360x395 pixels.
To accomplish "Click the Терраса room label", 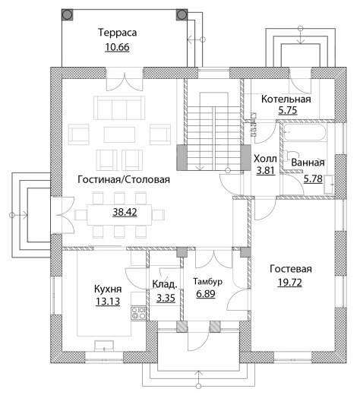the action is pos(118,33).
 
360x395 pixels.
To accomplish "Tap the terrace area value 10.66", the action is pos(117,47).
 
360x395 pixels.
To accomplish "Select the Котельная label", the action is pos(286,99).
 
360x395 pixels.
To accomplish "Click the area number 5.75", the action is pos(288,110).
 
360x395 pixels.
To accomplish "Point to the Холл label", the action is pos(265,159).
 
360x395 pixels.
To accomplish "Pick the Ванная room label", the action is pos(308,163).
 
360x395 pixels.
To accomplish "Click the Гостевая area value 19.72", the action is pos(289,283).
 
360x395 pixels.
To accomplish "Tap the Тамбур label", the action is pos(207,281).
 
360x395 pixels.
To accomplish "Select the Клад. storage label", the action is pos(165,284).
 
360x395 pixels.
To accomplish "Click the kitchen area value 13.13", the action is pos(108,302).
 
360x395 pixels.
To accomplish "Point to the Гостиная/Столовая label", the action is pos(124,179).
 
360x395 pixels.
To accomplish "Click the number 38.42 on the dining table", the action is pos(125,212).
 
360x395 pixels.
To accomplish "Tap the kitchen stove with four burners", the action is pos(138,313).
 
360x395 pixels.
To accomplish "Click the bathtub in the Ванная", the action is pos(305,132).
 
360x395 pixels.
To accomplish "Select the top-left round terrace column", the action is pos(68,14).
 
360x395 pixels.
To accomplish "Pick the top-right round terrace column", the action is pos(182,14).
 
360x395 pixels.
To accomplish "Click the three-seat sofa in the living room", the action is pos(119,107).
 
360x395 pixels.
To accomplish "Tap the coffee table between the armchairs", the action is pos(119,134).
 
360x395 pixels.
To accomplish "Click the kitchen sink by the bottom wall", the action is pos(104,346).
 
